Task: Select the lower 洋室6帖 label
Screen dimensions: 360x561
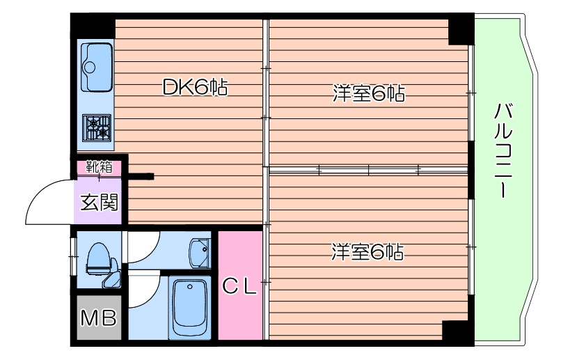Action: [368, 251]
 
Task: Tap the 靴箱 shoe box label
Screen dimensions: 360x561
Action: [99, 167]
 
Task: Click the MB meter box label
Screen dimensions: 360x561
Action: [98, 319]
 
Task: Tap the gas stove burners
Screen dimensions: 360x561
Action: [97, 128]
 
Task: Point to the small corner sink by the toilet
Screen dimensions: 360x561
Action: [113, 281]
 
